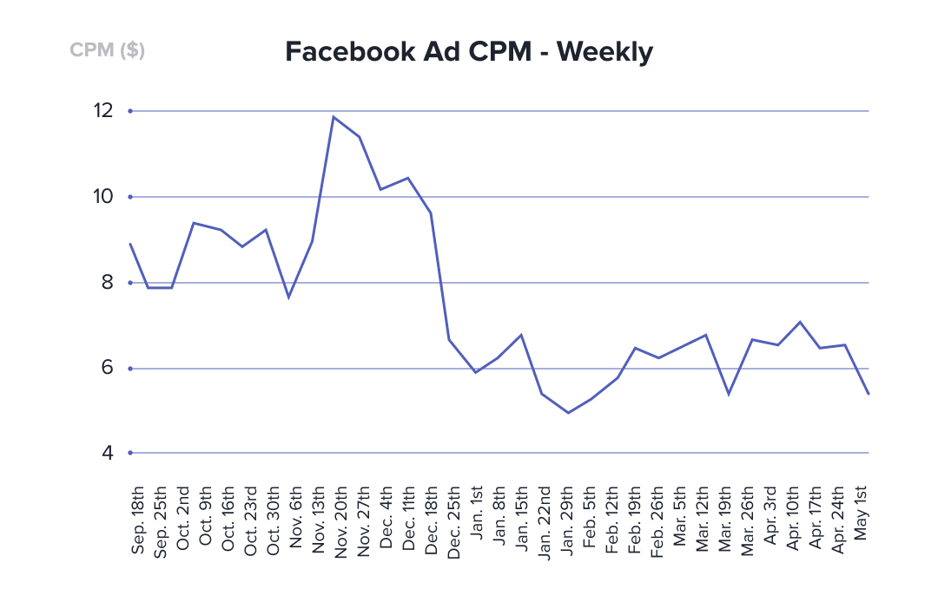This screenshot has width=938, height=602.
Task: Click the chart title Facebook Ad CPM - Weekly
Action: click(469, 53)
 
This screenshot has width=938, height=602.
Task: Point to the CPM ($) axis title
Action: click(107, 50)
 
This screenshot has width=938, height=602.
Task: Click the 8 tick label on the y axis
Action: click(106, 282)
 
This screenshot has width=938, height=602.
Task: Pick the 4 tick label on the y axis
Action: click(106, 452)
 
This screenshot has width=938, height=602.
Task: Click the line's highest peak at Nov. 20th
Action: click(334, 116)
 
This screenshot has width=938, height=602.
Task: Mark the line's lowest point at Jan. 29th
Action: click(568, 412)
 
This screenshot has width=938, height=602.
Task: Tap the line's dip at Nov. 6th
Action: click(288, 298)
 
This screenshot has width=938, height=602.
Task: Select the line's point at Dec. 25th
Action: click(449, 339)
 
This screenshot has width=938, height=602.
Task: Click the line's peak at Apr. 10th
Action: click(800, 322)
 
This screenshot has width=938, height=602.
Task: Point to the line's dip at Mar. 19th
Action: click(728, 394)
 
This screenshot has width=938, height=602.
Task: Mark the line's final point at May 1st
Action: click(869, 394)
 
